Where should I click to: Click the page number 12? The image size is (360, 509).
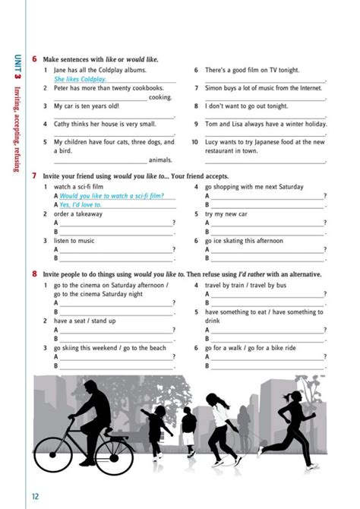tap(35, 496)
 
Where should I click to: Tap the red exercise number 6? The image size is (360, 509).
tap(35, 59)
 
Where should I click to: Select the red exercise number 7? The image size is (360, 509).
tap(35, 175)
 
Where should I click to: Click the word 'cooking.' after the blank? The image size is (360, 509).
tap(160, 97)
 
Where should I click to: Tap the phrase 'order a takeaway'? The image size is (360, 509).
tap(80, 214)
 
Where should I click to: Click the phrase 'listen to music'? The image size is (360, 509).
tap(74, 241)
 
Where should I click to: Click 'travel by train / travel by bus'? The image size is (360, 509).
tap(245, 286)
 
